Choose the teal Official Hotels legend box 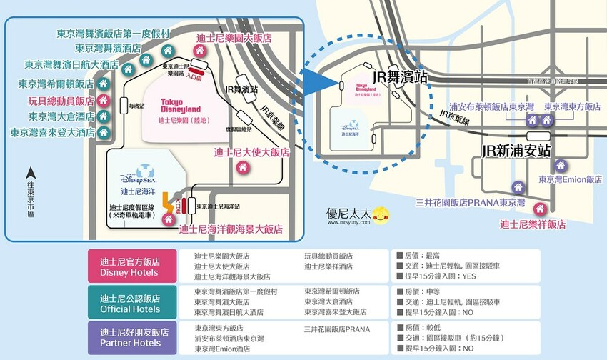[x=130, y=303]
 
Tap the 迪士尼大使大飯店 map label [x=251, y=151]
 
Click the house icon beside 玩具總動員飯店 [x=103, y=100]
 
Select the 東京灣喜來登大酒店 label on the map [x=53, y=132]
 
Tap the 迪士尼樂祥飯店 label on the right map [x=533, y=224]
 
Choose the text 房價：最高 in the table [x=417, y=254]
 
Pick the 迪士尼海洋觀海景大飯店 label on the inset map [x=231, y=229]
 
